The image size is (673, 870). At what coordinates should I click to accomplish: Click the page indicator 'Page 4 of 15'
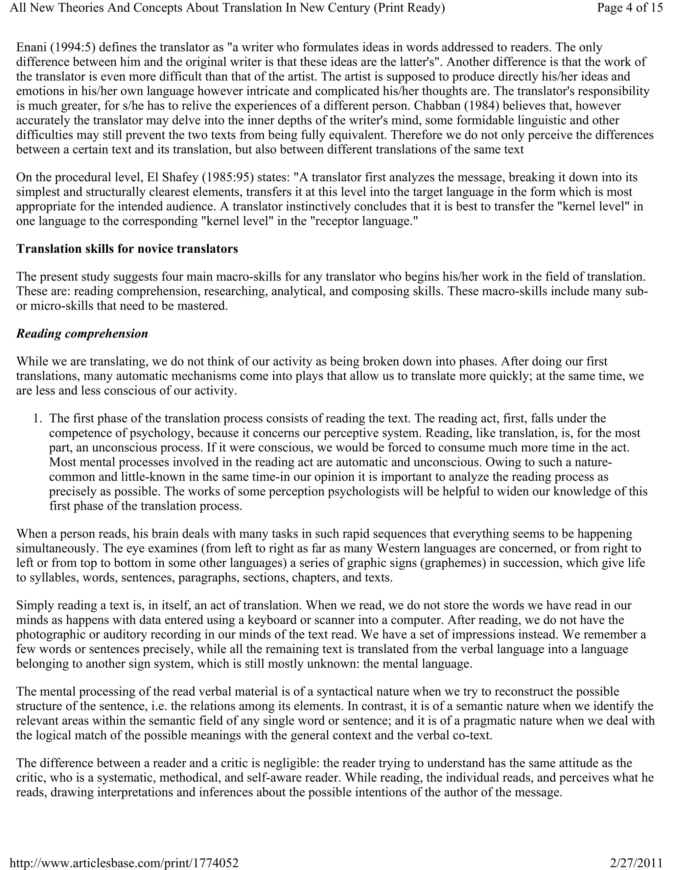pyautogui.click(x=630, y=8)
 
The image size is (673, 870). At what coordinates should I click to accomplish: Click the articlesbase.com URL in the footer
pyautogui.click(x=124, y=863)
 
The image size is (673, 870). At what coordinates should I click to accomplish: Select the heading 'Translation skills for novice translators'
pyautogui.click(x=127, y=249)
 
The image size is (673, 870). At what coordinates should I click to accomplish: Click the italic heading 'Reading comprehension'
pyautogui.click(x=82, y=334)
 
